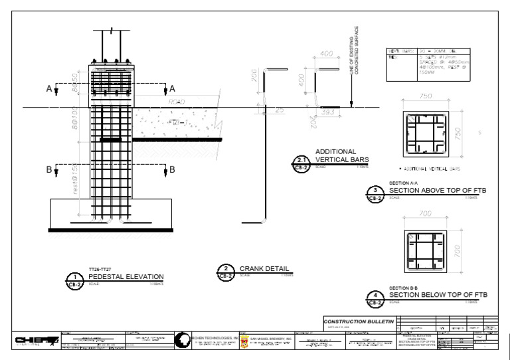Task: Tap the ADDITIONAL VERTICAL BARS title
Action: point(341,156)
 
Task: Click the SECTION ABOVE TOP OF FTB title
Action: point(438,191)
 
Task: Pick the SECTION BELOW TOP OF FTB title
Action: point(438,295)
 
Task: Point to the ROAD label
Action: point(176,102)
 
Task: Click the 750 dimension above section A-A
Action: point(426,96)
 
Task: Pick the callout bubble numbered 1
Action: point(75,277)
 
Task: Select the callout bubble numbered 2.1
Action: point(302,159)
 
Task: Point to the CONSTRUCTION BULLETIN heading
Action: point(359,322)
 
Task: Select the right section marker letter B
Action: point(172,169)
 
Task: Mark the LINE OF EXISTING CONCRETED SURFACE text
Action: point(353,50)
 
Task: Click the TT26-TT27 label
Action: point(99,269)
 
